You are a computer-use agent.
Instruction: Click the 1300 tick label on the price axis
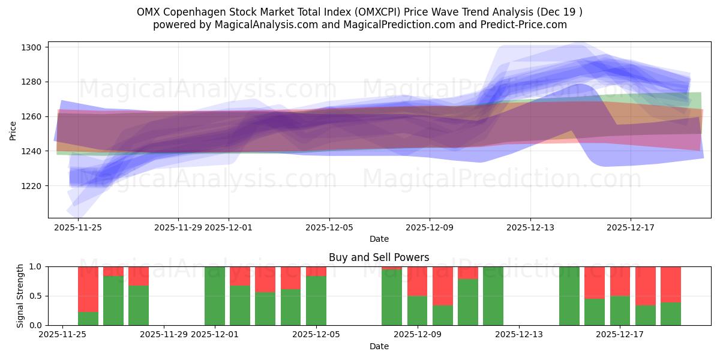[x=31, y=47]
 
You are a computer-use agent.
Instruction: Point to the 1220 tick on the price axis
[x=31, y=186]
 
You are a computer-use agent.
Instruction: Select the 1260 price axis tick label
[x=31, y=116]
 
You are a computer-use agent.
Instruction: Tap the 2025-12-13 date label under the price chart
[x=530, y=228]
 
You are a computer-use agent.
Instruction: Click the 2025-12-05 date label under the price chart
[x=329, y=228]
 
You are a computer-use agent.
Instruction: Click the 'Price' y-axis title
[x=13, y=130]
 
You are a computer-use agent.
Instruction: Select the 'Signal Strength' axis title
[x=20, y=296]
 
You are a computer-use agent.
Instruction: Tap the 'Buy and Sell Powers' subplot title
[x=379, y=257]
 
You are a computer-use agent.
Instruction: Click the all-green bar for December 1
[x=215, y=296]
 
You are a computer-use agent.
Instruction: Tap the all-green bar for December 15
[x=569, y=296]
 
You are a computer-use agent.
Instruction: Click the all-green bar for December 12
[x=493, y=296]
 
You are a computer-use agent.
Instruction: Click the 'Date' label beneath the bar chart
[x=379, y=346]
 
